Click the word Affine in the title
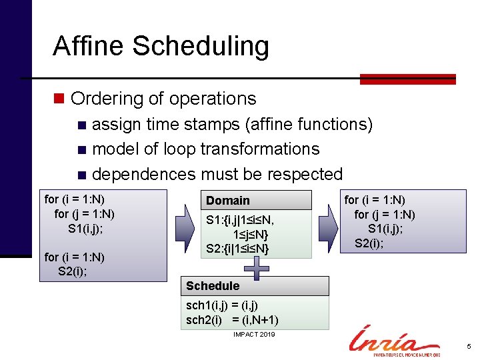pos(88,46)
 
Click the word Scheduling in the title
pos(201,47)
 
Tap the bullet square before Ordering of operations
pos(59,99)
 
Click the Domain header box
pos(256,201)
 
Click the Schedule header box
pos(256,286)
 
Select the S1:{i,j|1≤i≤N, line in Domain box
pos(240,219)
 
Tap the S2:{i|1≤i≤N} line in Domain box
pos(237,249)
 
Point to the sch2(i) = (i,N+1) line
pos(232,320)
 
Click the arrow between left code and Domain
pos(185,225)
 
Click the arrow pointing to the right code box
pos(327,225)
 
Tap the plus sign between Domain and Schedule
pos(257,269)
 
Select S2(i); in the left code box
pos(73,271)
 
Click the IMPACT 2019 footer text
pos(254,334)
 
